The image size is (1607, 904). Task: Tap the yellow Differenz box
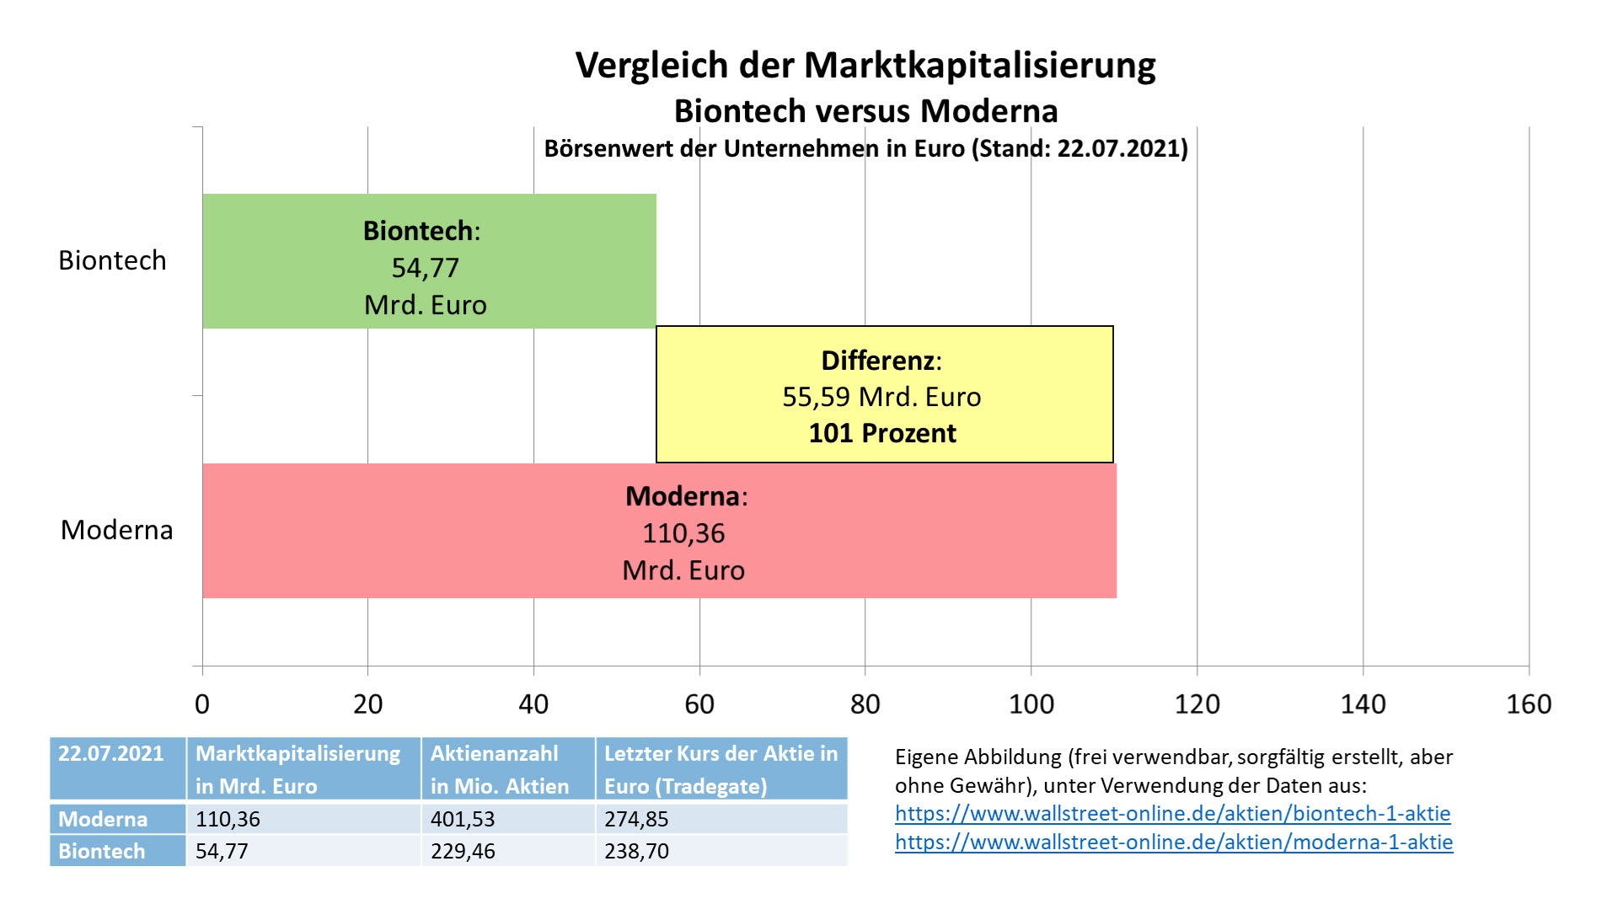pyautogui.click(x=884, y=394)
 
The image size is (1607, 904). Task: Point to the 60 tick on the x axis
pyautogui.click(x=699, y=703)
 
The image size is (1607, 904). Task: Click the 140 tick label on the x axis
pyautogui.click(x=1363, y=703)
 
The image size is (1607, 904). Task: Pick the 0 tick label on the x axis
pyautogui.click(x=202, y=703)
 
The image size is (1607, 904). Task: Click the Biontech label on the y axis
pyautogui.click(x=112, y=260)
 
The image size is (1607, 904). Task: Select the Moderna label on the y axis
pyautogui.click(x=116, y=530)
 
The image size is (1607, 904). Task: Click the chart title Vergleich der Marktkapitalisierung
pyautogui.click(x=865, y=65)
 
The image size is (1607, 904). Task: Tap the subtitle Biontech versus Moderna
pyautogui.click(x=865, y=111)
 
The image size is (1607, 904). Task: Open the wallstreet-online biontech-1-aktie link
pyautogui.click(x=1172, y=814)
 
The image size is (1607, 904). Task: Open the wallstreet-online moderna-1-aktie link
pyautogui.click(x=1174, y=842)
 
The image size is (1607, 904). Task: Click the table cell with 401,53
pyautogui.click(x=463, y=819)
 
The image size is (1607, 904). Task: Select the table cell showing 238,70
pyautogui.click(x=636, y=851)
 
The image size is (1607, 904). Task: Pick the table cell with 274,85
pyautogui.click(x=636, y=819)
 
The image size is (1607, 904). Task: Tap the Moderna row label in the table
pyautogui.click(x=103, y=819)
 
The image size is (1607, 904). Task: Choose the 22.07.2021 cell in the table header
pyautogui.click(x=111, y=754)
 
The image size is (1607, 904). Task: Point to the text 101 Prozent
pyautogui.click(x=882, y=433)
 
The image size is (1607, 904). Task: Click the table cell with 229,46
pyautogui.click(x=463, y=851)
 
